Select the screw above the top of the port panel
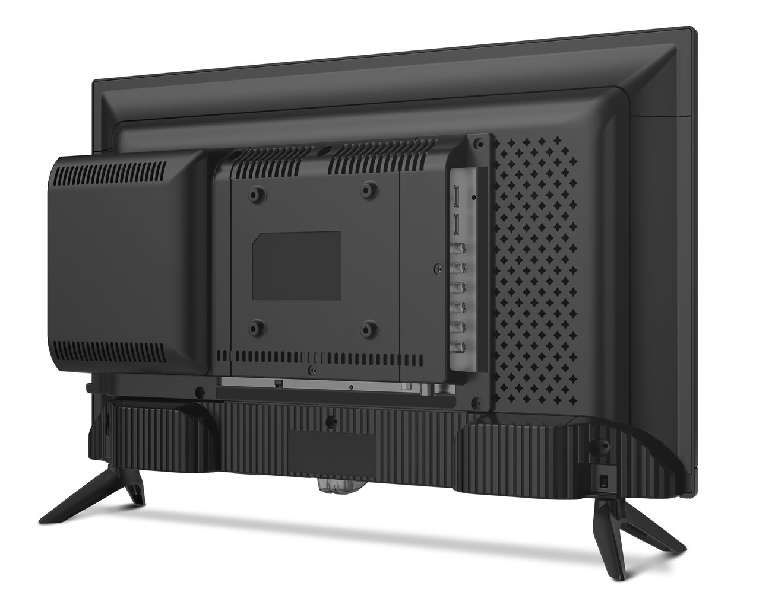click(x=476, y=143)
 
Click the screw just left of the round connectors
click(x=438, y=268)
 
